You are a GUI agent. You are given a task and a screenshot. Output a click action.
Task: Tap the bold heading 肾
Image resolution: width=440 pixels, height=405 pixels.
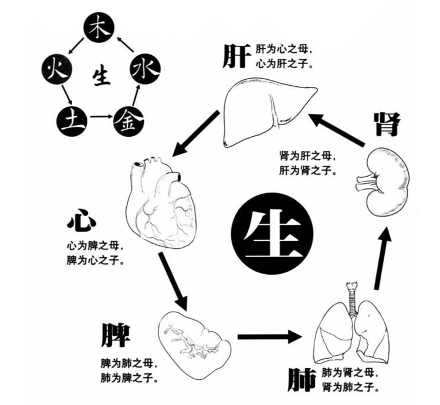(386, 125)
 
